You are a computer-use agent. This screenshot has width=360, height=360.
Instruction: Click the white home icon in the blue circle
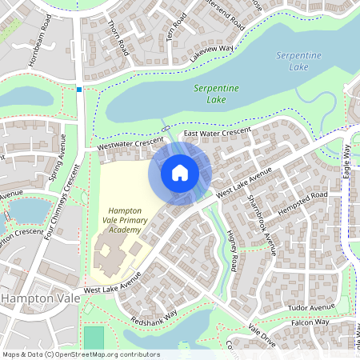tap(180, 172)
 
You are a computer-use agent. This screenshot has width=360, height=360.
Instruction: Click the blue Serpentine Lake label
tap(298, 61)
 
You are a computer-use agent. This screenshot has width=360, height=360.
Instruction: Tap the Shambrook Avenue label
tap(262, 225)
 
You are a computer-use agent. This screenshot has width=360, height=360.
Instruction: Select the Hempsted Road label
tap(302, 203)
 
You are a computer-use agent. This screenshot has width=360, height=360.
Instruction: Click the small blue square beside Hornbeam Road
tap(78, 89)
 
